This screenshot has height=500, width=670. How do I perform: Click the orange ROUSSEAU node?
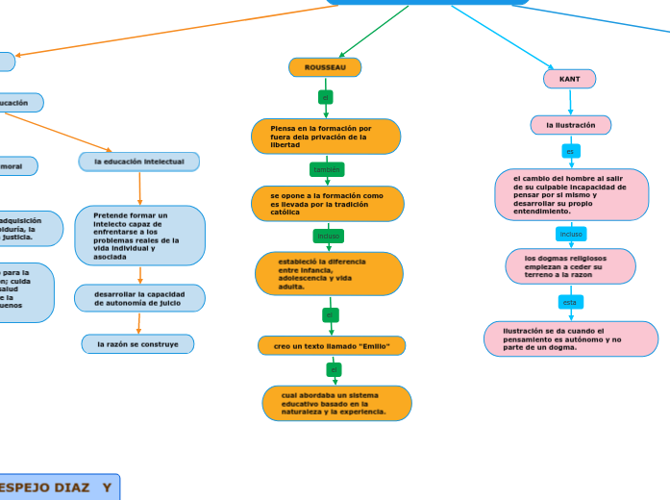pyautogui.click(x=325, y=67)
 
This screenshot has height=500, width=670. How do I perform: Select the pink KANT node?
pyautogui.click(x=569, y=79)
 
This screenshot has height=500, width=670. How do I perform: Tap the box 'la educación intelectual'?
pyautogui.click(x=139, y=162)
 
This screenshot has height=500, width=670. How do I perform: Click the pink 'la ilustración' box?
pyautogui.click(x=571, y=125)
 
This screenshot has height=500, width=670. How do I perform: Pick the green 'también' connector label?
pyautogui.click(x=327, y=170)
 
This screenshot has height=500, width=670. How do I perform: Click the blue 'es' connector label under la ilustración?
pyautogui.click(x=570, y=151)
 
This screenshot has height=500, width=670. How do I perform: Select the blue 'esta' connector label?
pyautogui.click(x=570, y=302)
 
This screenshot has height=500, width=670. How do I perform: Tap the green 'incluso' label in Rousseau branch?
pyautogui.click(x=328, y=236)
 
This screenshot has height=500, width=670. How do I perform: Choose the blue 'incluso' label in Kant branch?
pyautogui.click(x=571, y=234)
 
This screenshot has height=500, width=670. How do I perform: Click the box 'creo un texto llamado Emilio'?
pyautogui.click(x=332, y=345)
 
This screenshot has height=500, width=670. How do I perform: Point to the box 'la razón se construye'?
pyautogui.click(x=137, y=344)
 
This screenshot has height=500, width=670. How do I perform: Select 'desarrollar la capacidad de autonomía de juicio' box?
pyautogui.click(x=139, y=298)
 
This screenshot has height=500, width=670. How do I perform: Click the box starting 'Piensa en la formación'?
pyautogui.click(x=326, y=137)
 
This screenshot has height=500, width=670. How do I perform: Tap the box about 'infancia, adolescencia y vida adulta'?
pyautogui.click(x=329, y=274)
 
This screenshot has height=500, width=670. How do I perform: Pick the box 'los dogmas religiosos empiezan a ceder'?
pyautogui.click(x=570, y=266)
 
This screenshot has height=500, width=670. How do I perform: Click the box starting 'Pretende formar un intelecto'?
pyautogui.click(x=139, y=236)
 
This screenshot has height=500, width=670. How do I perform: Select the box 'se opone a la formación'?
pyautogui.click(x=328, y=204)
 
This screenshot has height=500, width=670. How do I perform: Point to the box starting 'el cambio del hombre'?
pyautogui.click(x=571, y=194)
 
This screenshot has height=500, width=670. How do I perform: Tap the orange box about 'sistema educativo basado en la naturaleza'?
pyautogui.click(x=336, y=403)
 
